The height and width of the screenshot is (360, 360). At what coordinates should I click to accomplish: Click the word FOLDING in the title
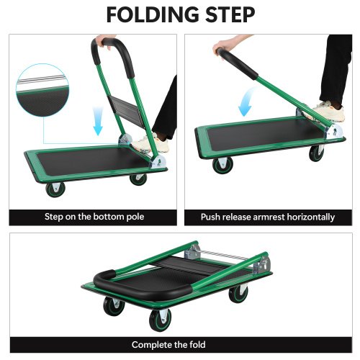153,14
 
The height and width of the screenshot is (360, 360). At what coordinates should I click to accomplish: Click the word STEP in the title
230,14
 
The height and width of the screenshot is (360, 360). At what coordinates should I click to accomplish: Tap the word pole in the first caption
135,217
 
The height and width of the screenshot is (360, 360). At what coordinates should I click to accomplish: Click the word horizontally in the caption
311,217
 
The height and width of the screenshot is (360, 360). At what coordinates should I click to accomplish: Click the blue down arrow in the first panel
98,121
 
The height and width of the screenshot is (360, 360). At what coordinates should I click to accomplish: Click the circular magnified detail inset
42,90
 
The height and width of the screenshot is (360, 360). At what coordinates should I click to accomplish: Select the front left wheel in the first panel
55,189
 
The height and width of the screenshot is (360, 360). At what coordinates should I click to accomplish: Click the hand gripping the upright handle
104,41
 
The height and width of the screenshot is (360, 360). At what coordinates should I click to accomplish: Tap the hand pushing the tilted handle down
222,46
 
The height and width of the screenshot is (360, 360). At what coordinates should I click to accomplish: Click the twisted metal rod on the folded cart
224,255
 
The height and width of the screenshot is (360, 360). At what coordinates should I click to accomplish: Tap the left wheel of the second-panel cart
222,165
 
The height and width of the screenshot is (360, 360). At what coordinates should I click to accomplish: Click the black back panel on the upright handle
128,111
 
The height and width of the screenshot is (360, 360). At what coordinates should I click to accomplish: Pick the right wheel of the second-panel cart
317,153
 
